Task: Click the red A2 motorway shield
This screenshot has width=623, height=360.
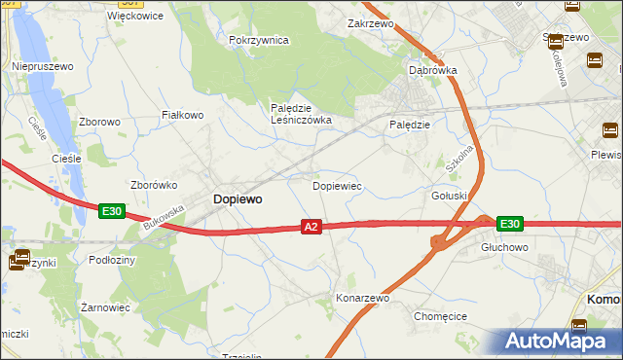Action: (x=311, y=227)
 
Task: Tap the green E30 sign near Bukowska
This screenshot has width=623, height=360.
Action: (x=111, y=210)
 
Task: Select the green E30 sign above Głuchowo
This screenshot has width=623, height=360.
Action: (x=509, y=224)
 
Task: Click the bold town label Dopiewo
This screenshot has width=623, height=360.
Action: (x=237, y=198)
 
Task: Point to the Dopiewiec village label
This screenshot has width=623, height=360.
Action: (x=337, y=185)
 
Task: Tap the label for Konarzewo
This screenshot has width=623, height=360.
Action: (x=362, y=298)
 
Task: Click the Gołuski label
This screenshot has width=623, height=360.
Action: (x=450, y=195)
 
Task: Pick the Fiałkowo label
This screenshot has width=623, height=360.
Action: (x=182, y=115)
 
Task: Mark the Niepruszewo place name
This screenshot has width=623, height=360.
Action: (x=38, y=66)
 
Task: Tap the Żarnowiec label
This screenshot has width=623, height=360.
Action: (x=105, y=306)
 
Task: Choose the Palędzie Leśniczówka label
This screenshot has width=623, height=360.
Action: (x=301, y=114)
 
